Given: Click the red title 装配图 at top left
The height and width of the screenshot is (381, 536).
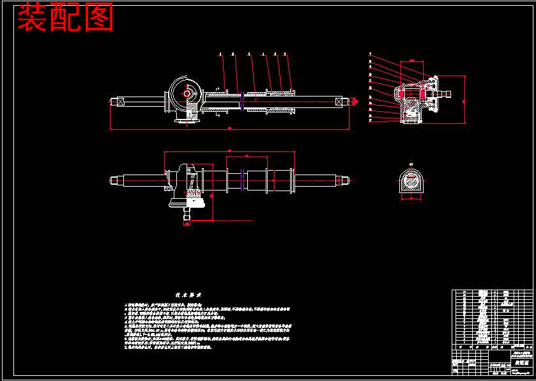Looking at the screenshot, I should (x=65, y=18).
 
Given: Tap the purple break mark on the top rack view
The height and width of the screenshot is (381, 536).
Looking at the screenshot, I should (x=243, y=102).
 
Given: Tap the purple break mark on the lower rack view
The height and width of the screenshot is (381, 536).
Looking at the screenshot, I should (x=243, y=181).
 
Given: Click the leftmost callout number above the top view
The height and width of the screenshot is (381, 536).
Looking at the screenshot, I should (x=220, y=54).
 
